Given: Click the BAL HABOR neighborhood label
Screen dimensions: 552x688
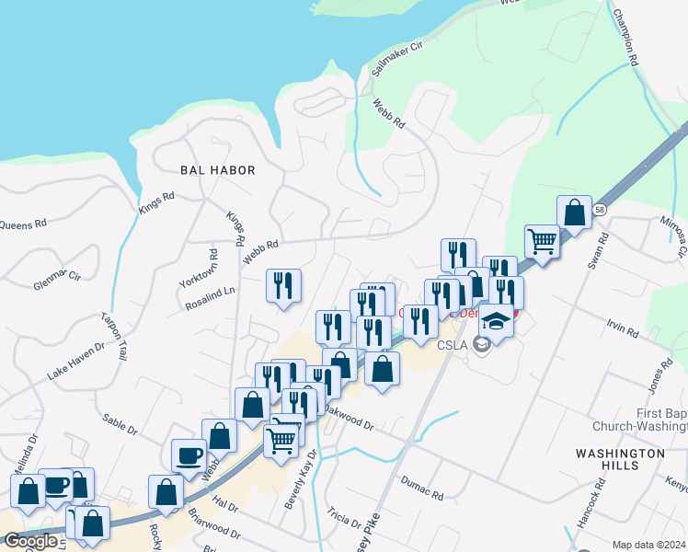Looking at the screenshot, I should pyautogui.click(x=217, y=170).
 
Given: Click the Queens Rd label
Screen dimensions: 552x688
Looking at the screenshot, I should pyautogui.click(x=20, y=224).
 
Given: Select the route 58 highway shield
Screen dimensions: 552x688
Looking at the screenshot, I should pyautogui.click(x=599, y=211).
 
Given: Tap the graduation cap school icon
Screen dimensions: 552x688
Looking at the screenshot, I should pyautogui.click(x=497, y=322).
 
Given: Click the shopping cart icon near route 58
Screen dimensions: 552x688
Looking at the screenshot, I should pyautogui.click(x=543, y=241).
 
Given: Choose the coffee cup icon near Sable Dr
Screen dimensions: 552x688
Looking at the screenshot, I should pyautogui.click(x=189, y=454).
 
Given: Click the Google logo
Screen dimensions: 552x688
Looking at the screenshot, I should pyautogui.click(x=30, y=541).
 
